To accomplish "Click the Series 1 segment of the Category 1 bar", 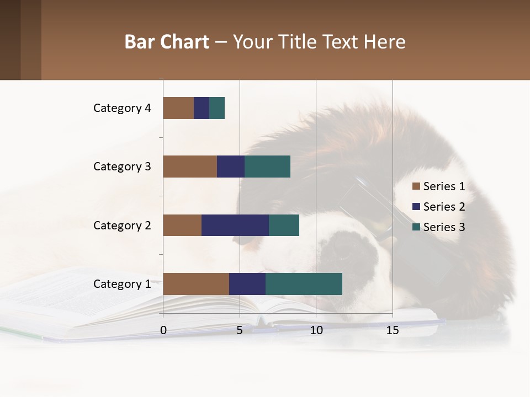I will click(196, 284).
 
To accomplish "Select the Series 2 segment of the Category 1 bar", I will click(247, 284).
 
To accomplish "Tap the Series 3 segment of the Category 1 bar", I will click(304, 284).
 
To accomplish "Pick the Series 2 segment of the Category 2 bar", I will click(235, 225).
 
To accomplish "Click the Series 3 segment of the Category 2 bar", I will click(284, 225).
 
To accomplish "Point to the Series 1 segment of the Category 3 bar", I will click(190, 167).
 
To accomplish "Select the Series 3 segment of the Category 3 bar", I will click(267, 167).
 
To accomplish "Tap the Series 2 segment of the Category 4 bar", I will click(202, 108).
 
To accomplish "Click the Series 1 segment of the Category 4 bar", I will click(178, 108).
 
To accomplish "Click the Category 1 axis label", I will click(122, 284).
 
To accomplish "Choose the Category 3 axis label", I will click(122, 167).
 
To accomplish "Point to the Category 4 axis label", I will click(122, 108).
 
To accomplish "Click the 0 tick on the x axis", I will click(163, 330).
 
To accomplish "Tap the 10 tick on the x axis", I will click(316, 330).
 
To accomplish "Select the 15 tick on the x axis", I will click(393, 330).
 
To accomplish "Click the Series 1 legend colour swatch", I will click(416, 186).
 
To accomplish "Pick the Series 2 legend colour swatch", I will click(416, 207).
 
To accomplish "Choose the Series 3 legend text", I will click(444, 227).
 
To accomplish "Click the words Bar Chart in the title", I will click(167, 42).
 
